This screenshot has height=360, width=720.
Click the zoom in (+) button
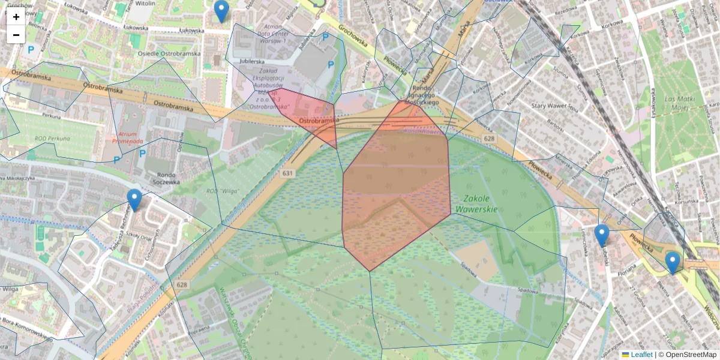(16, 17)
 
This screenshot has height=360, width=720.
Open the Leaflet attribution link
(641, 355)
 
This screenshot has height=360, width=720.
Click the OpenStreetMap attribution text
(691, 355)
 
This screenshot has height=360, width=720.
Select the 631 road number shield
(288, 173)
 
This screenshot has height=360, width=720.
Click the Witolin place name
(145, 3)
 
